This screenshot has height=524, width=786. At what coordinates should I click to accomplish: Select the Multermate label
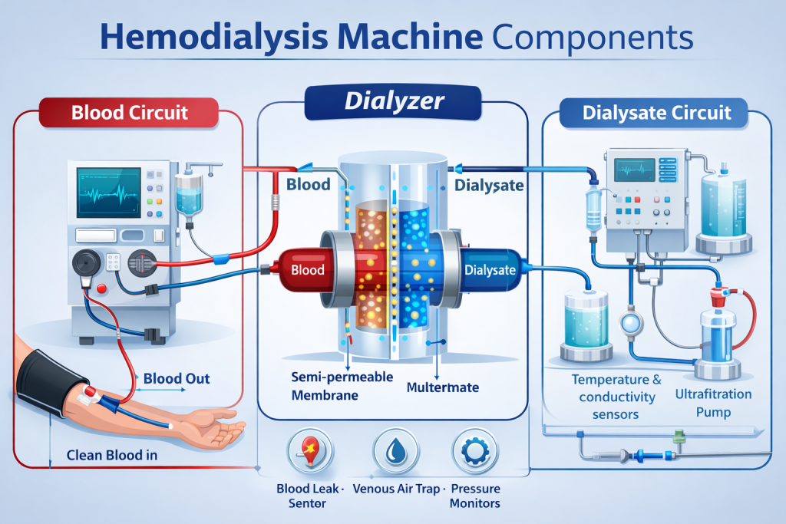click(441, 387)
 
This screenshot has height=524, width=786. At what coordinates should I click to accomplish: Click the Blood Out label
click(177, 378)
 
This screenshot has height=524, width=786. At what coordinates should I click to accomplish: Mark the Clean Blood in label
click(112, 455)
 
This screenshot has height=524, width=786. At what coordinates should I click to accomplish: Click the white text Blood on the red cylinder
click(306, 269)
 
